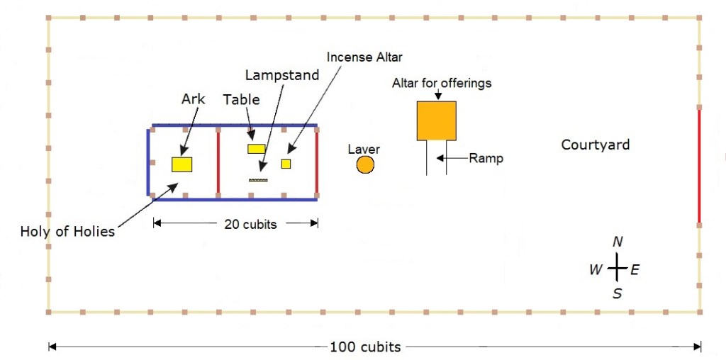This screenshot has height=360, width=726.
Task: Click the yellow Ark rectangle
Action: click(182, 164)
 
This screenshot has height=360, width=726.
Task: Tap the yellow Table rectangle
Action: click(256, 149)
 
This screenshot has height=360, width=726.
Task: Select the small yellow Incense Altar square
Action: click(286, 164)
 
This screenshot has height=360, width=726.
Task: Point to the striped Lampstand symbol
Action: click(258, 180)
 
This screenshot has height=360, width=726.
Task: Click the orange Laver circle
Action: click(364, 165)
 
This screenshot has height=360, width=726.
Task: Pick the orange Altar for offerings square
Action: click(436, 120)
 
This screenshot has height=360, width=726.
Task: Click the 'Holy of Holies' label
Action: click(67, 232)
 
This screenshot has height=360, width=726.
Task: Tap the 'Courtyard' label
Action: click(595, 145)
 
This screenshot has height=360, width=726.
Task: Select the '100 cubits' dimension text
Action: click(365, 347)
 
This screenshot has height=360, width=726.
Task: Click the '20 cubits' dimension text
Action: click(250, 224)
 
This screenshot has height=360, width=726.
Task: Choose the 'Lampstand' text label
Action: click(282, 74)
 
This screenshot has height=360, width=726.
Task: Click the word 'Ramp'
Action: click(486, 158)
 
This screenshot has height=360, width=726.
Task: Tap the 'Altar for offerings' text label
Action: click(442, 84)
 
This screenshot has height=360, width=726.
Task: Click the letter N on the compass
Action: click(618, 242)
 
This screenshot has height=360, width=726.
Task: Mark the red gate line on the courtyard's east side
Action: click(699, 167)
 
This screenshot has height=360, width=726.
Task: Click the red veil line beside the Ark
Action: click(218, 162)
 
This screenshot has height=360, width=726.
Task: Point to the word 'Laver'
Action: click(364, 150)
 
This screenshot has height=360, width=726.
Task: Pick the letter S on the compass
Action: click(617, 293)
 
